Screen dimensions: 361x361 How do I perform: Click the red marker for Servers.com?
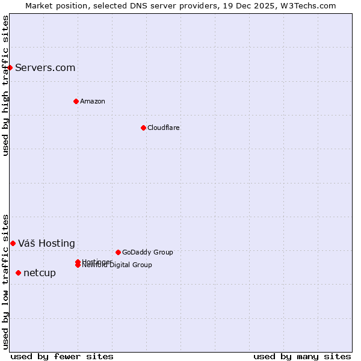pos(10,67)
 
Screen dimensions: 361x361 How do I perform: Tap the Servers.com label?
pos(45,67)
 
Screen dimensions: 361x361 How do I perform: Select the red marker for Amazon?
pos(76,101)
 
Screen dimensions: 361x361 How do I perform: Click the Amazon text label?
pos(93,101)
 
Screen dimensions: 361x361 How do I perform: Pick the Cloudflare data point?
pos(143,128)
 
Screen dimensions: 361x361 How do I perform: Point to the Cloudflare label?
pos(164,128)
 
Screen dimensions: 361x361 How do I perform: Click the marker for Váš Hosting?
pos(13,243)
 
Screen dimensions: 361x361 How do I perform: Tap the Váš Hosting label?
pos(46,243)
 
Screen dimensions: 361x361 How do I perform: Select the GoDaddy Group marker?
pos(118,252)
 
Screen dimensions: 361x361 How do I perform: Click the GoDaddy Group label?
pos(147,252)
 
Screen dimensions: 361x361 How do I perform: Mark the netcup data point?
pos(18,273)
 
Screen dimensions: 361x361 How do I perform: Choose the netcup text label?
pos(40,273)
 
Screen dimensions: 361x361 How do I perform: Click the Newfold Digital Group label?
pos(117,265)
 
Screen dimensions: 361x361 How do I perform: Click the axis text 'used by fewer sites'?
pos(62,356)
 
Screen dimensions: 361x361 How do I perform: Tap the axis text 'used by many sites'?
pos(302,356)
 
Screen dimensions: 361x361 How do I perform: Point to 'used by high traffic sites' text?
pos(5,85)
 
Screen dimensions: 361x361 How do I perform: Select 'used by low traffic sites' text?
pos(5,282)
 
